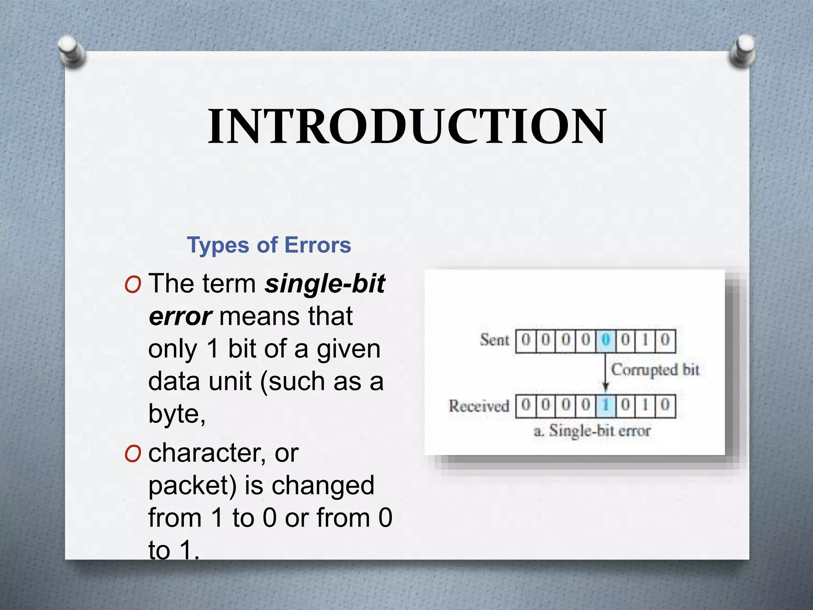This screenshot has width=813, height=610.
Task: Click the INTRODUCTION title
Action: (407, 127)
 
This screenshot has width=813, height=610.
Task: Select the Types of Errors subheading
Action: (269, 245)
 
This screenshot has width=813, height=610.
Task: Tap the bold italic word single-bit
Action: (325, 284)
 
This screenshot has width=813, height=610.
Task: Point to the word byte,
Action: (177, 414)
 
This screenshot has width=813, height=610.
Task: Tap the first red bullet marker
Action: (133, 285)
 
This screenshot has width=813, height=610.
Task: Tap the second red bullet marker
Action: (133, 454)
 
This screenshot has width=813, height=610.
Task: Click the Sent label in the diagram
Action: (494, 340)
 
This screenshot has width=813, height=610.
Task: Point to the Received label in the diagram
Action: (479, 406)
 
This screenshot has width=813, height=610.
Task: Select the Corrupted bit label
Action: (655, 370)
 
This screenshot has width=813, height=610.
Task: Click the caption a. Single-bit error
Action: (592, 431)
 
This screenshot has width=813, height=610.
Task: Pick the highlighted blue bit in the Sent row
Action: (605, 340)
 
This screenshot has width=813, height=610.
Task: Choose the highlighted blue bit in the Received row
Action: (605, 405)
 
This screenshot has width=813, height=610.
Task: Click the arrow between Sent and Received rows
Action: (605, 373)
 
